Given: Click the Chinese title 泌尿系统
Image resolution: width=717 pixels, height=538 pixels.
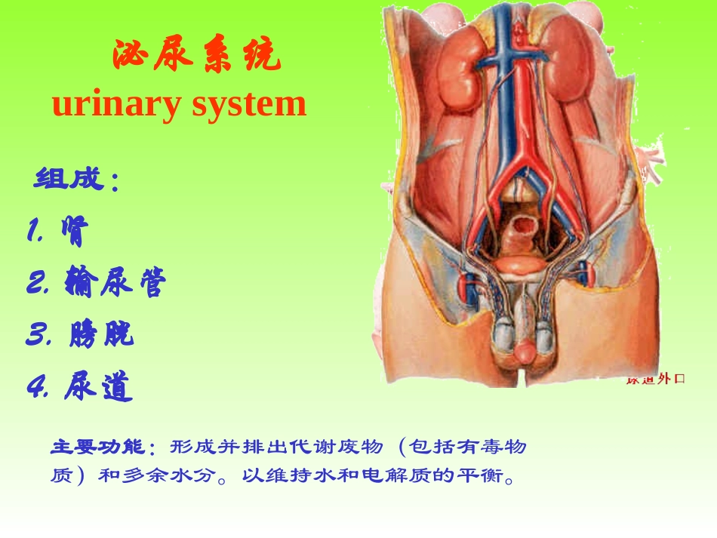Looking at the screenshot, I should point(196,57).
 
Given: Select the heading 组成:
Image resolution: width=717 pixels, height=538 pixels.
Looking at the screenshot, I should point(76,181).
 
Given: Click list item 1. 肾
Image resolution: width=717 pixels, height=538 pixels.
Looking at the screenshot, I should point(57,233).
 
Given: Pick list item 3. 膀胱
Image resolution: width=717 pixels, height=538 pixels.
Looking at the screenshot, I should point(80,334).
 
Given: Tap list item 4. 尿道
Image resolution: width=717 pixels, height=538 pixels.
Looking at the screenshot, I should point(79,387).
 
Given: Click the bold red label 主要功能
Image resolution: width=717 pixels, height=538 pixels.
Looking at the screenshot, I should point(101,447).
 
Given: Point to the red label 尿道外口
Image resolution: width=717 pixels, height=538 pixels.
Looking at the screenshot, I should point(655,379).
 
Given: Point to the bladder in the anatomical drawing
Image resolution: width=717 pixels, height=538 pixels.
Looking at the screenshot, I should point(519,265).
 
